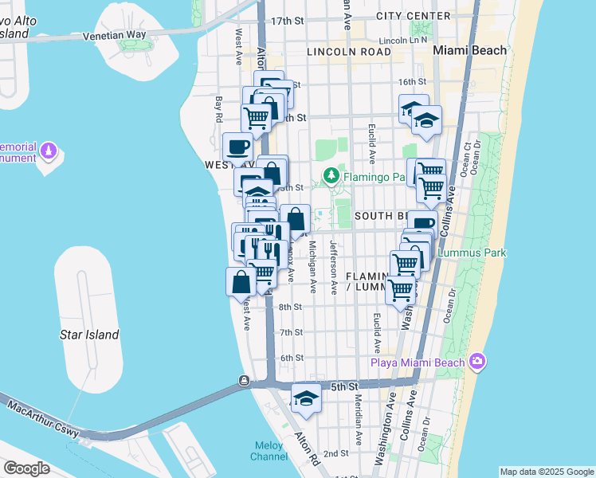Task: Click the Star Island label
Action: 89,335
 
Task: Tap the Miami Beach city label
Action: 469,50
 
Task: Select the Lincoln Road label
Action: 349,52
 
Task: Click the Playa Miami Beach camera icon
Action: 477,361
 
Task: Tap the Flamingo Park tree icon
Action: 329,174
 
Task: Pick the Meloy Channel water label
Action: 269,451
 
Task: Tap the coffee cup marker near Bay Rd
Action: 238,147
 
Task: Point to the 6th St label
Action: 292,358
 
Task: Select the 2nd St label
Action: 337,453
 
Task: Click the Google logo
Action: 26,468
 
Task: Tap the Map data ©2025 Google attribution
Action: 547,472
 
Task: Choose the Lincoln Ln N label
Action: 402,39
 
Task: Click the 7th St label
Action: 292,332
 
